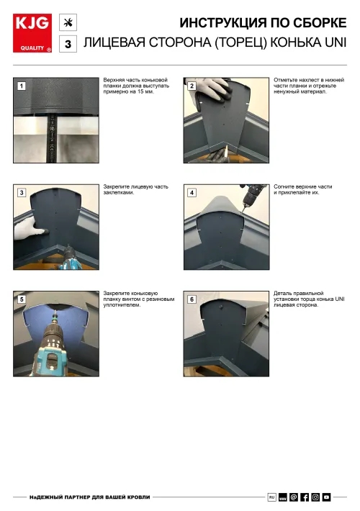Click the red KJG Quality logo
(x=32, y=33)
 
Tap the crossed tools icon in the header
(x=68, y=22)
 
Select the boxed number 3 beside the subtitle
(x=68, y=44)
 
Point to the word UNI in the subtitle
(x=336, y=42)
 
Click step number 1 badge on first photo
(x=22, y=86)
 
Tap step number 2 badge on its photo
(x=192, y=86)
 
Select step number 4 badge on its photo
(x=192, y=193)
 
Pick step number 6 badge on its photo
(x=192, y=299)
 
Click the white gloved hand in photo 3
(x=30, y=229)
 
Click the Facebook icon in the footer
(x=305, y=497)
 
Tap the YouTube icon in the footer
(x=326, y=497)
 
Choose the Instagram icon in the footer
(x=315, y=497)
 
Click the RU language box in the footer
(x=272, y=497)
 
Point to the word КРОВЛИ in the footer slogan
(x=139, y=497)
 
